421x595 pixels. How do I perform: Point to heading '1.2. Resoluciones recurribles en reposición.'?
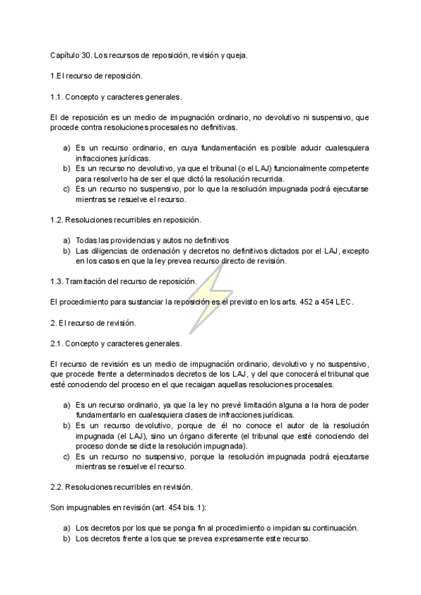(x=126, y=220)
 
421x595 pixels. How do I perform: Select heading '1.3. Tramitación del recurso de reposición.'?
(x=123, y=281)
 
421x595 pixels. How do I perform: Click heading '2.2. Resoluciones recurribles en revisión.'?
(x=121, y=487)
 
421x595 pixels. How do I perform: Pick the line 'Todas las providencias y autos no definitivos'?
(x=152, y=240)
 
